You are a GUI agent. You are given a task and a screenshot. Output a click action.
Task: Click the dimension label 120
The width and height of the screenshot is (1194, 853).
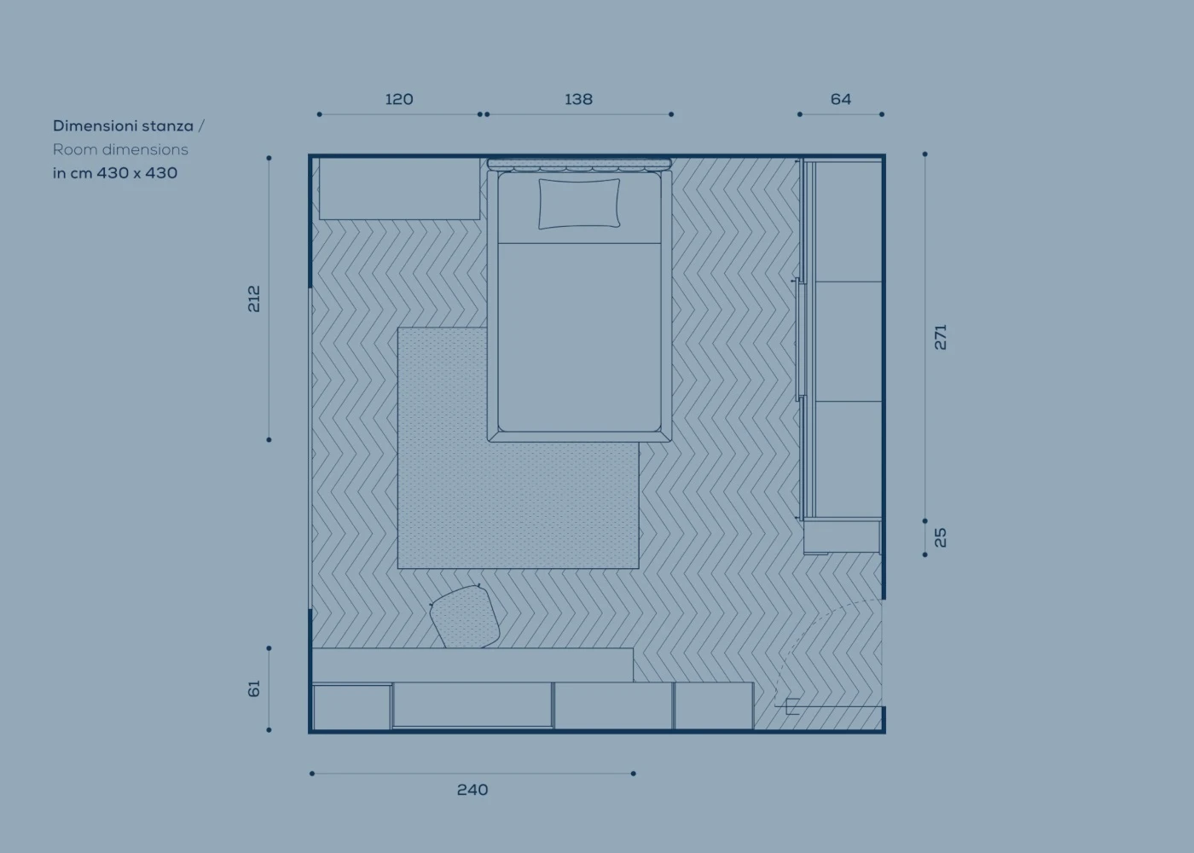[x=399, y=99]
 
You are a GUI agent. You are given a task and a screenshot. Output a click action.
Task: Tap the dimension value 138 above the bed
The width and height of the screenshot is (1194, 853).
[x=578, y=99]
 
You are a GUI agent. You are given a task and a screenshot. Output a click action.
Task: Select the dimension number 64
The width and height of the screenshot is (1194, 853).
[x=841, y=99]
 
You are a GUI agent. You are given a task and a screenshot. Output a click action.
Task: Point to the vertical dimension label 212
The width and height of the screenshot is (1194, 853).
[x=254, y=299]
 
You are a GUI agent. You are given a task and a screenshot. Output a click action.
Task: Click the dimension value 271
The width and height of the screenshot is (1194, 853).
[x=941, y=337]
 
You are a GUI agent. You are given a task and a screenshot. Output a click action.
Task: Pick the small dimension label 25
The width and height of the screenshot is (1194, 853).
[x=941, y=537]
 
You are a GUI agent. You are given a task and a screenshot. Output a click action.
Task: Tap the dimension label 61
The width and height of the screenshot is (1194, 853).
[x=254, y=688]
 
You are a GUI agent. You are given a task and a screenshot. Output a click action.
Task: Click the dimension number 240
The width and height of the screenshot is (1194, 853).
[x=472, y=790]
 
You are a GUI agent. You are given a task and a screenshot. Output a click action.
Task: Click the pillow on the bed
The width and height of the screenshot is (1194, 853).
[x=579, y=204]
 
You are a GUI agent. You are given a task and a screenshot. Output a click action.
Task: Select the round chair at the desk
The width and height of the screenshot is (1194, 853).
[x=465, y=617]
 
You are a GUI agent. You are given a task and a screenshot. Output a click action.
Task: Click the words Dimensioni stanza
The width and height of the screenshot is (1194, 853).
[x=123, y=126]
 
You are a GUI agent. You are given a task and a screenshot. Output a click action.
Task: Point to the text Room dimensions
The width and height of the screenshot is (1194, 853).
[x=120, y=150]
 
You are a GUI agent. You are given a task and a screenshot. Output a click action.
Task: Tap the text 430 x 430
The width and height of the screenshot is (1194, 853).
[x=137, y=173]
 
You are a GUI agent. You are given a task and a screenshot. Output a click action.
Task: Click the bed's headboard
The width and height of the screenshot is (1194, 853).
[x=579, y=164]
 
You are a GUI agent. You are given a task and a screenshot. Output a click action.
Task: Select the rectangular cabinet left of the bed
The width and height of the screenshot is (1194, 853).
[x=399, y=189]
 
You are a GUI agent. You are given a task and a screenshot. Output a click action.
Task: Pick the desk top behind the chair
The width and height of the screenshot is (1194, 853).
[x=472, y=665]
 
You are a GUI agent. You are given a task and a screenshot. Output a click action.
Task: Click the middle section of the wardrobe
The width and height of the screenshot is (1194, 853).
[x=848, y=341]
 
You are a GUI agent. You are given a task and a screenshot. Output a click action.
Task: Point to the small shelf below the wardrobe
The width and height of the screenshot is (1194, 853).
[x=842, y=537]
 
